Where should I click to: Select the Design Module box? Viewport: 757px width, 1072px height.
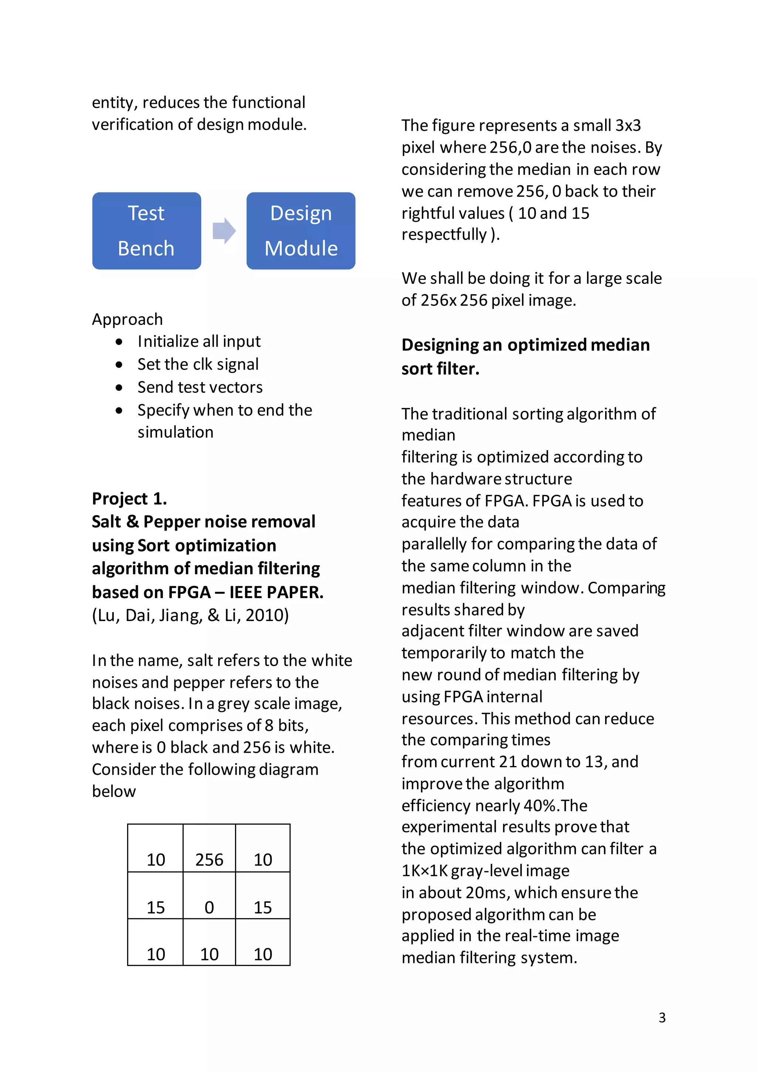301,231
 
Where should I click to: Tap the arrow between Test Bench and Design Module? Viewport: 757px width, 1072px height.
224,231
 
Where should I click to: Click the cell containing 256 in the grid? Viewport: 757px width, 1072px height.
209,848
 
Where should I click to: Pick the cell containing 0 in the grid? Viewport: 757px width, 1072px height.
209,896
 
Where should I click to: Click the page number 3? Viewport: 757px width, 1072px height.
662,1017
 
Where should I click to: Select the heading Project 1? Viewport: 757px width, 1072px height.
129,499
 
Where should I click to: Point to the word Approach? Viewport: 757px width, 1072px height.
128,319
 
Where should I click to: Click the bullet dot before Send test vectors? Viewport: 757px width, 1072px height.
119,387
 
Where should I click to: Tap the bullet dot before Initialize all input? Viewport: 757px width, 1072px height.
119,342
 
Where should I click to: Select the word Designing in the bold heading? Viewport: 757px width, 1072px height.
439,345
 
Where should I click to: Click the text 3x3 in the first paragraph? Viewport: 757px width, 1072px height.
628,125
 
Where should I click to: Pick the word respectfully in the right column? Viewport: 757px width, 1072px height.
444,234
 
